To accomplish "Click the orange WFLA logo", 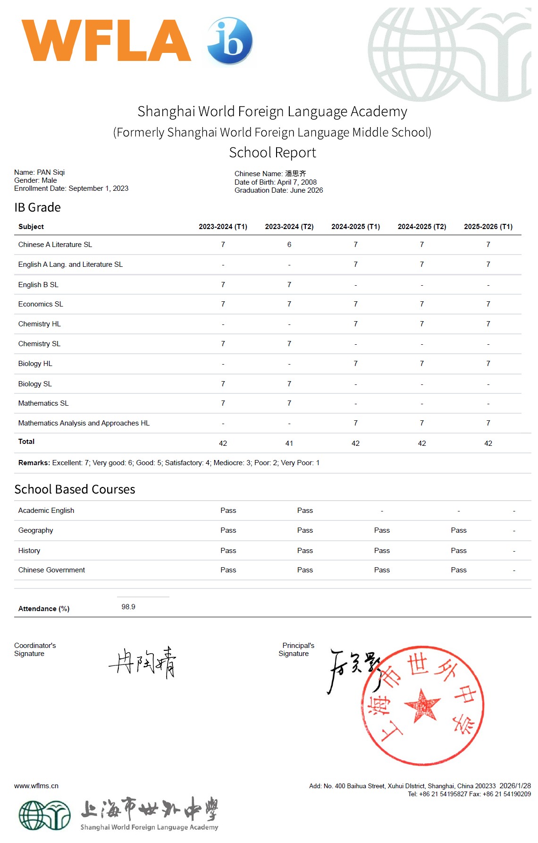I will click(x=106, y=41).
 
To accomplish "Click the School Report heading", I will click(x=272, y=153).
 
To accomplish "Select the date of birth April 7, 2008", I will click(x=297, y=182).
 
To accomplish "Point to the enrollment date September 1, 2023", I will click(x=98, y=188).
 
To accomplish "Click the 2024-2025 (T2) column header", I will click(x=421, y=227).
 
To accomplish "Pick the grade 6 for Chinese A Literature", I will click(x=289, y=245).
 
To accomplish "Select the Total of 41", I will click(x=289, y=443).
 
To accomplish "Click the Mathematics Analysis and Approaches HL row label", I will click(x=84, y=423).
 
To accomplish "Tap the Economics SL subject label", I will click(x=41, y=304).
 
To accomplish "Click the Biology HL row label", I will click(x=35, y=364).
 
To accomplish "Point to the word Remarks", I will click(x=34, y=463).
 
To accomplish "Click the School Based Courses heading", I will click(x=75, y=489).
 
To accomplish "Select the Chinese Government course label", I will click(x=51, y=570).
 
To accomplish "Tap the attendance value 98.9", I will click(x=128, y=607).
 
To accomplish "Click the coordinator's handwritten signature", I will click(x=143, y=662).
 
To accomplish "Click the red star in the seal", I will click(x=422, y=706).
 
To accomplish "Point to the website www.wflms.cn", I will click(x=36, y=786).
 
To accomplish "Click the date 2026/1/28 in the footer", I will click(x=515, y=786).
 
